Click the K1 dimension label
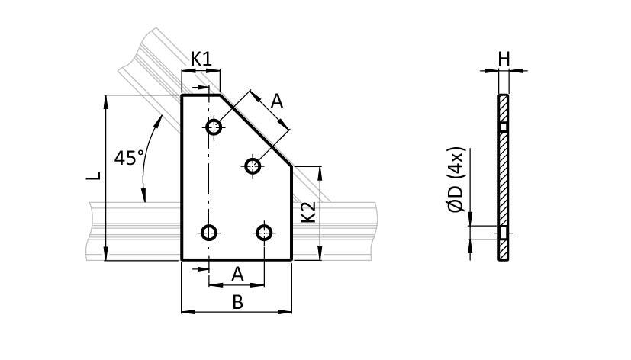201,58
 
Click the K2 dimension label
307,212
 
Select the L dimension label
93,176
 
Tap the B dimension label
237,302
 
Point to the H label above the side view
504,58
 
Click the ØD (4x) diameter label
457,181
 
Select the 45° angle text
129,158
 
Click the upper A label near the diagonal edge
277,100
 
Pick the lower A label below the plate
237,273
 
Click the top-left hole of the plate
214,127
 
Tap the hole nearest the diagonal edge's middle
253,164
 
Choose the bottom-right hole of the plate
264,232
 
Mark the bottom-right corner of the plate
291,259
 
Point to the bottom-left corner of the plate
182,259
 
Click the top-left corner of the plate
182,95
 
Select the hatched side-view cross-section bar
503,177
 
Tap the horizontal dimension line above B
237,311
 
